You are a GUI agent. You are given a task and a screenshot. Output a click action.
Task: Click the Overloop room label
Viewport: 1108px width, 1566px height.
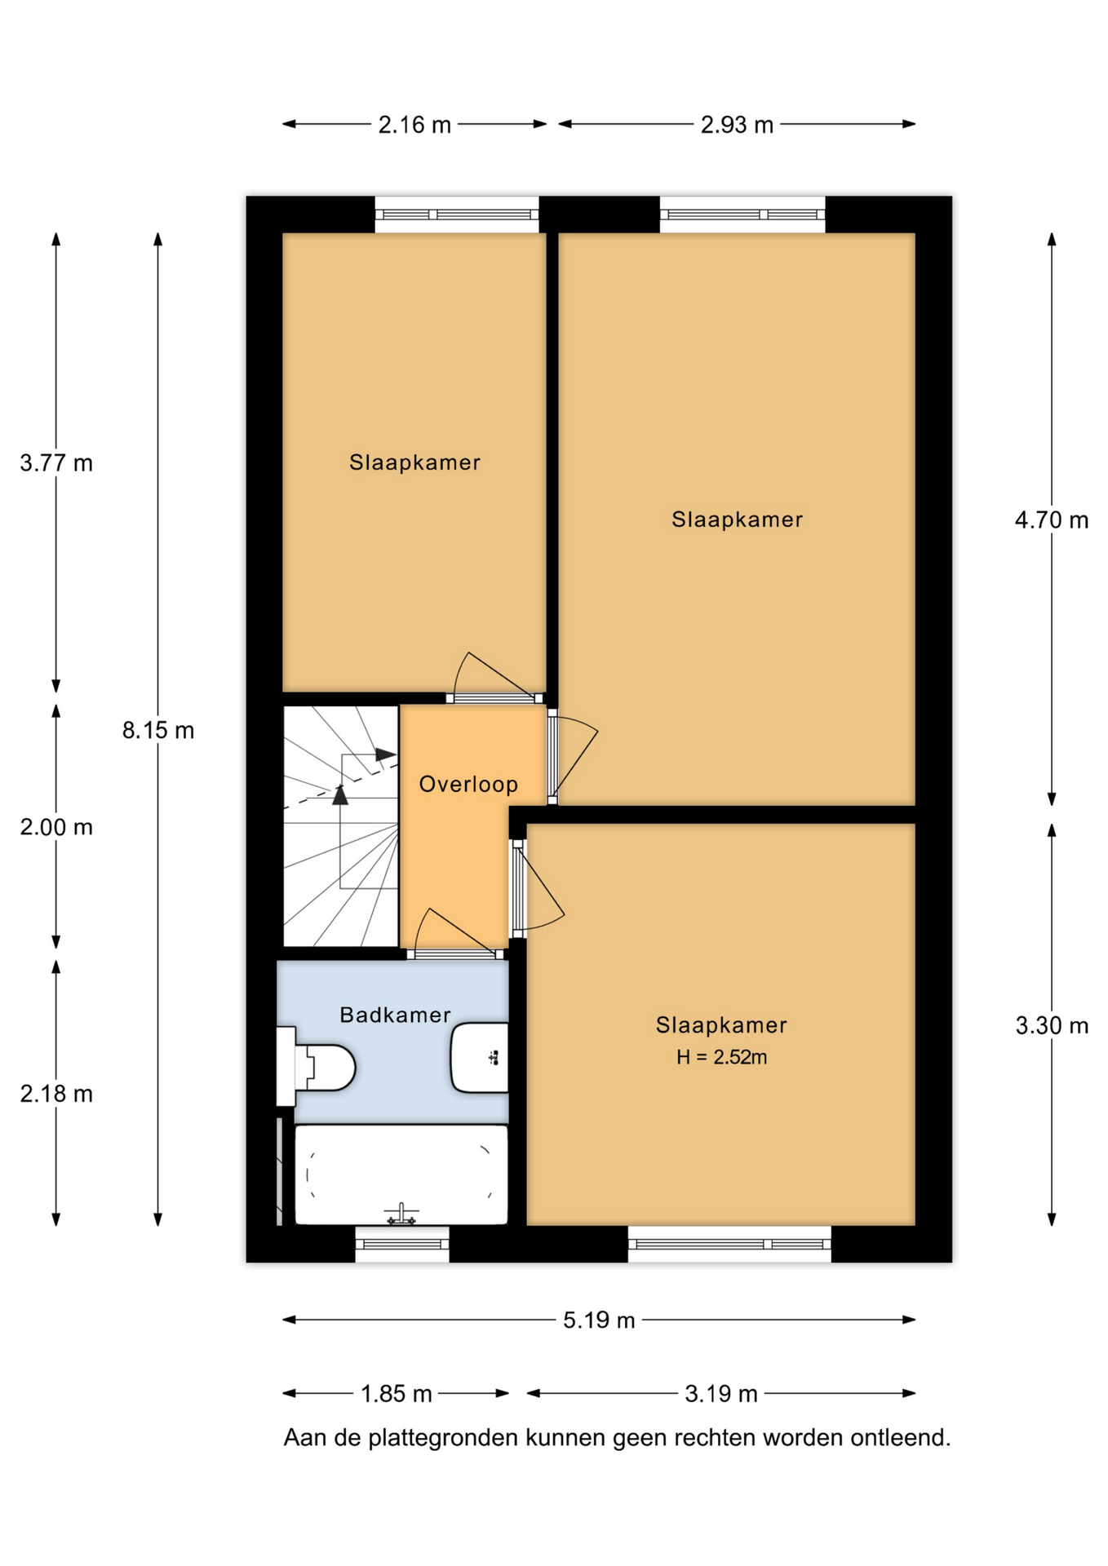(468, 784)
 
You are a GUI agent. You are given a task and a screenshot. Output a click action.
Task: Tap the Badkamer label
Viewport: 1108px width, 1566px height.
(395, 1015)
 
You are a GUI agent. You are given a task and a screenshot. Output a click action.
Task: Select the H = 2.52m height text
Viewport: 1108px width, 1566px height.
(721, 1057)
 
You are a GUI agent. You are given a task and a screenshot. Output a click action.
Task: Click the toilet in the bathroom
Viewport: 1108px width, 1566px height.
(317, 1067)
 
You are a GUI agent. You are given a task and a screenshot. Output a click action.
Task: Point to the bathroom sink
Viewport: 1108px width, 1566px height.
(480, 1057)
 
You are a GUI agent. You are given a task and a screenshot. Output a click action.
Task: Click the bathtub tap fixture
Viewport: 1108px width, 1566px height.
(401, 1214)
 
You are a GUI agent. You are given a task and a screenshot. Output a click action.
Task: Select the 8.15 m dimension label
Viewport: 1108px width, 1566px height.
(158, 730)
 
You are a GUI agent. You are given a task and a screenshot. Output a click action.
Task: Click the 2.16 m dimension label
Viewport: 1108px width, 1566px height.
(414, 125)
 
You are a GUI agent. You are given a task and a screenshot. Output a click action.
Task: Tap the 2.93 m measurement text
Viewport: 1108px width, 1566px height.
(737, 125)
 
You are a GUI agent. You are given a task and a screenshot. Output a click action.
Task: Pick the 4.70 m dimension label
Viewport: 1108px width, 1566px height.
(1052, 520)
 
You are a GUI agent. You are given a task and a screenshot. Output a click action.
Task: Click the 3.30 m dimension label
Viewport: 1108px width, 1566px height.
(1052, 1025)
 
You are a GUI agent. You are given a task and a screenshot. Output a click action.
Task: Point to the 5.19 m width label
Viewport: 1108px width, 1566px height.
(599, 1320)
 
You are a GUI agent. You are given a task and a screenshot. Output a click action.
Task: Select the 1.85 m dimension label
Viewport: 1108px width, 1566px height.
(397, 1394)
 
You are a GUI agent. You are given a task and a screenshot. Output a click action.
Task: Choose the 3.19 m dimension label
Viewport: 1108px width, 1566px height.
(721, 1394)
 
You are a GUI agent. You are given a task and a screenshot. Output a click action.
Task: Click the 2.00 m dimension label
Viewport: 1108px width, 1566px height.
(56, 827)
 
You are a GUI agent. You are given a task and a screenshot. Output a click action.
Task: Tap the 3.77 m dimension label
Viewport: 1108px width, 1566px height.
(56, 463)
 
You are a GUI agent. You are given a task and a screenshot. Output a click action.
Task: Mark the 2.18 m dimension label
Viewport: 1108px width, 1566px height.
(56, 1094)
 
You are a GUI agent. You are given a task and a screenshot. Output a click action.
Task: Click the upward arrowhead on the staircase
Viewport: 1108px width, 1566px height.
(340, 794)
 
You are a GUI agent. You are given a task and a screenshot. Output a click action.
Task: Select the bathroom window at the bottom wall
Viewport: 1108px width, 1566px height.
(402, 1244)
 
